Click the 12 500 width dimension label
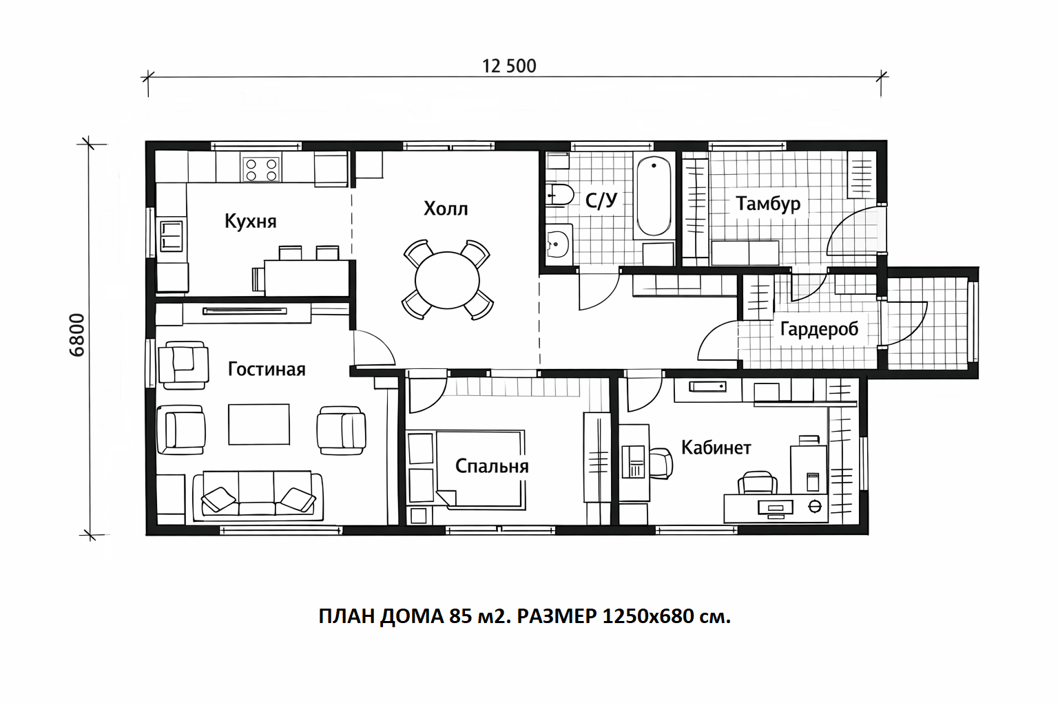(x=509, y=66)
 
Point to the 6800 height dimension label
(x=77, y=335)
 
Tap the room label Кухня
(x=250, y=221)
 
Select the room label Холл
(x=446, y=208)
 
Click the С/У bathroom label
(x=601, y=200)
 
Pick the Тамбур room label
(x=768, y=204)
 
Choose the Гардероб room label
(x=819, y=329)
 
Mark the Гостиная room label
(x=267, y=369)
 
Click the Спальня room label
(x=492, y=466)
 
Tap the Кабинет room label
(x=716, y=448)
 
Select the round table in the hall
(x=447, y=280)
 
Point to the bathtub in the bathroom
(x=654, y=196)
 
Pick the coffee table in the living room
(x=259, y=424)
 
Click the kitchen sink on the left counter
(x=171, y=235)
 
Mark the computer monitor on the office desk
(x=776, y=507)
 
